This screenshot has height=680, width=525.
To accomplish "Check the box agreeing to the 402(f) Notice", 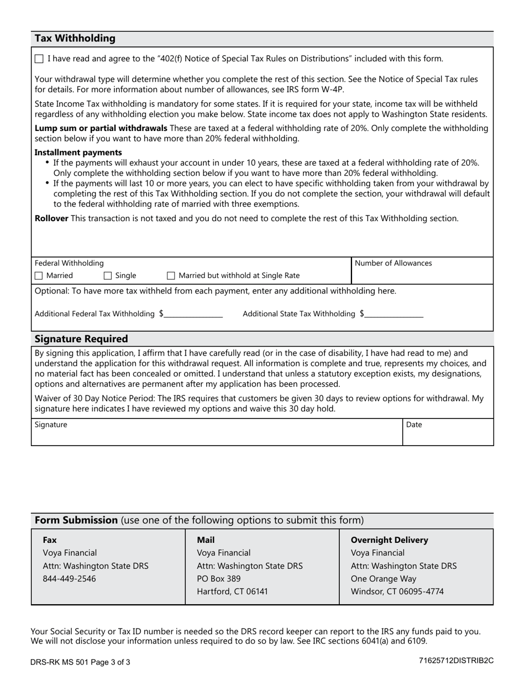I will (39, 59).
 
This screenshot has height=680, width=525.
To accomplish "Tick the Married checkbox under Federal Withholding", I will (39, 275).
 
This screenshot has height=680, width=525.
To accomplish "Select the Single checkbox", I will (108, 275).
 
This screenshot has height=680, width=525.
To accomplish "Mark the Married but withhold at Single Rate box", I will (171, 275).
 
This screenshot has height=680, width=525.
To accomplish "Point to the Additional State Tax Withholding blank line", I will (394, 314).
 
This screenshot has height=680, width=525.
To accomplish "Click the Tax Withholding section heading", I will (75, 38).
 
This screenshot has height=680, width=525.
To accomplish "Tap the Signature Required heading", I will (81, 339).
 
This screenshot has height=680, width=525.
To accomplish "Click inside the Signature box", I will (216, 434).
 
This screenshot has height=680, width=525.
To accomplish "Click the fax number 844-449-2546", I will (69, 579).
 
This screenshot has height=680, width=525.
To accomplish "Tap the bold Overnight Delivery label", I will (390, 540).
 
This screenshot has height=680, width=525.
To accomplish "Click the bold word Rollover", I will (51, 218).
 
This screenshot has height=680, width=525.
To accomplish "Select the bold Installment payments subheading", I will (78, 153).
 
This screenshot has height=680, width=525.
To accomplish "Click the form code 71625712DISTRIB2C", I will (456, 661).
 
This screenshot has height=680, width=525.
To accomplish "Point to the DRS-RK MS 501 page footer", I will (81, 662).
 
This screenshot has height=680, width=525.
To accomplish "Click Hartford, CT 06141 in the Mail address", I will (233, 592).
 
